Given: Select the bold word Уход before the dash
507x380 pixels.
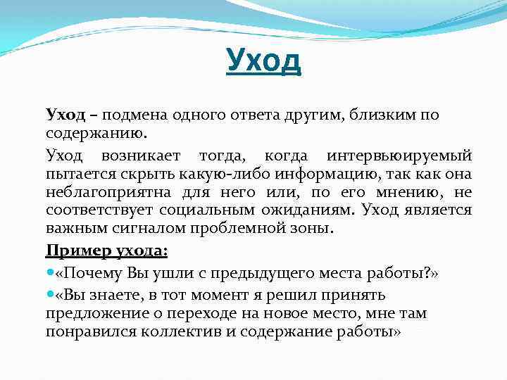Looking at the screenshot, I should (x=65, y=115).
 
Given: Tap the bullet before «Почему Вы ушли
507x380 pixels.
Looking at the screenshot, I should (x=49, y=272).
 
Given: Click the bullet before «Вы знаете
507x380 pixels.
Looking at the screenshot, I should (x=49, y=295).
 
